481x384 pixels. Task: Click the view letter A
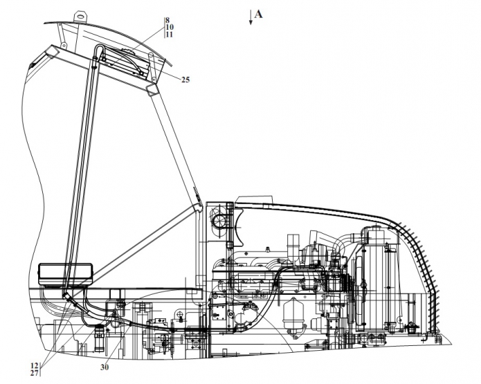click(x=259, y=14)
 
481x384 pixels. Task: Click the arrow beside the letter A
click(x=251, y=17)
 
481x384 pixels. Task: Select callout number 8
click(x=167, y=20)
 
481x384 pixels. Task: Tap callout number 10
click(x=170, y=27)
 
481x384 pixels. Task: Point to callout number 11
click(x=170, y=35)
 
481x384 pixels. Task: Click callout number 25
click(x=185, y=80)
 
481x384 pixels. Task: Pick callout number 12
click(x=35, y=365)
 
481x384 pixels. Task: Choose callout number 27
click(x=35, y=373)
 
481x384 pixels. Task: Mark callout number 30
click(x=105, y=367)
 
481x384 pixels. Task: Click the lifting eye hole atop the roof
click(x=80, y=15)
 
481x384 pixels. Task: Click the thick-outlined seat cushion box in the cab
click(x=65, y=274)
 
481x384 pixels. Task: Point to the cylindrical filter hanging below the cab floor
click(x=100, y=338)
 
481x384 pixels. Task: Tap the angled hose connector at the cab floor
click(x=68, y=297)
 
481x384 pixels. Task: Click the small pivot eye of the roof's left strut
click(x=64, y=46)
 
